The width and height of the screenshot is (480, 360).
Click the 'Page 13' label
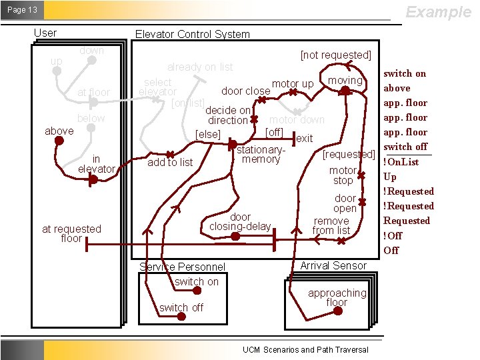(x=23, y=10)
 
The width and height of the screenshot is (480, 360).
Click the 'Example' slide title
(x=438, y=12)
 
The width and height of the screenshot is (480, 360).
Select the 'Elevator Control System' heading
(x=192, y=34)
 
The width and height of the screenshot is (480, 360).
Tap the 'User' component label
(x=45, y=33)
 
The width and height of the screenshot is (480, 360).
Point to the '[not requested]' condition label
(x=335, y=55)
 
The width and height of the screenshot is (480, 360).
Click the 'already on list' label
(x=200, y=67)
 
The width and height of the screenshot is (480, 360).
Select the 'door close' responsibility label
(x=245, y=91)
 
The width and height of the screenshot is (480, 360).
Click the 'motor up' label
(x=293, y=83)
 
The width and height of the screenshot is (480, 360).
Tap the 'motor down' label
(x=297, y=120)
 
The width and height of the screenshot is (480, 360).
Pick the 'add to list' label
(x=170, y=162)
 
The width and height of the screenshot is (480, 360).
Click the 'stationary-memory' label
(x=261, y=154)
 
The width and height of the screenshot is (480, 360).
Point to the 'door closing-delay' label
(x=240, y=221)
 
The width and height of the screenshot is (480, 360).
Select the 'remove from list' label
(x=331, y=225)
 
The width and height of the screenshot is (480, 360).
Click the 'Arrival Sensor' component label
(x=333, y=265)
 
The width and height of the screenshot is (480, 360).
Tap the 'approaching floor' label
(x=337, y=297)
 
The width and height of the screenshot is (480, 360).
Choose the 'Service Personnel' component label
(x=182, y=267)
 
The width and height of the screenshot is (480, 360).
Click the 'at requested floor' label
(x=71, y=233)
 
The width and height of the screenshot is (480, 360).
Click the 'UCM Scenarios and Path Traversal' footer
(x=305, y=349)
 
